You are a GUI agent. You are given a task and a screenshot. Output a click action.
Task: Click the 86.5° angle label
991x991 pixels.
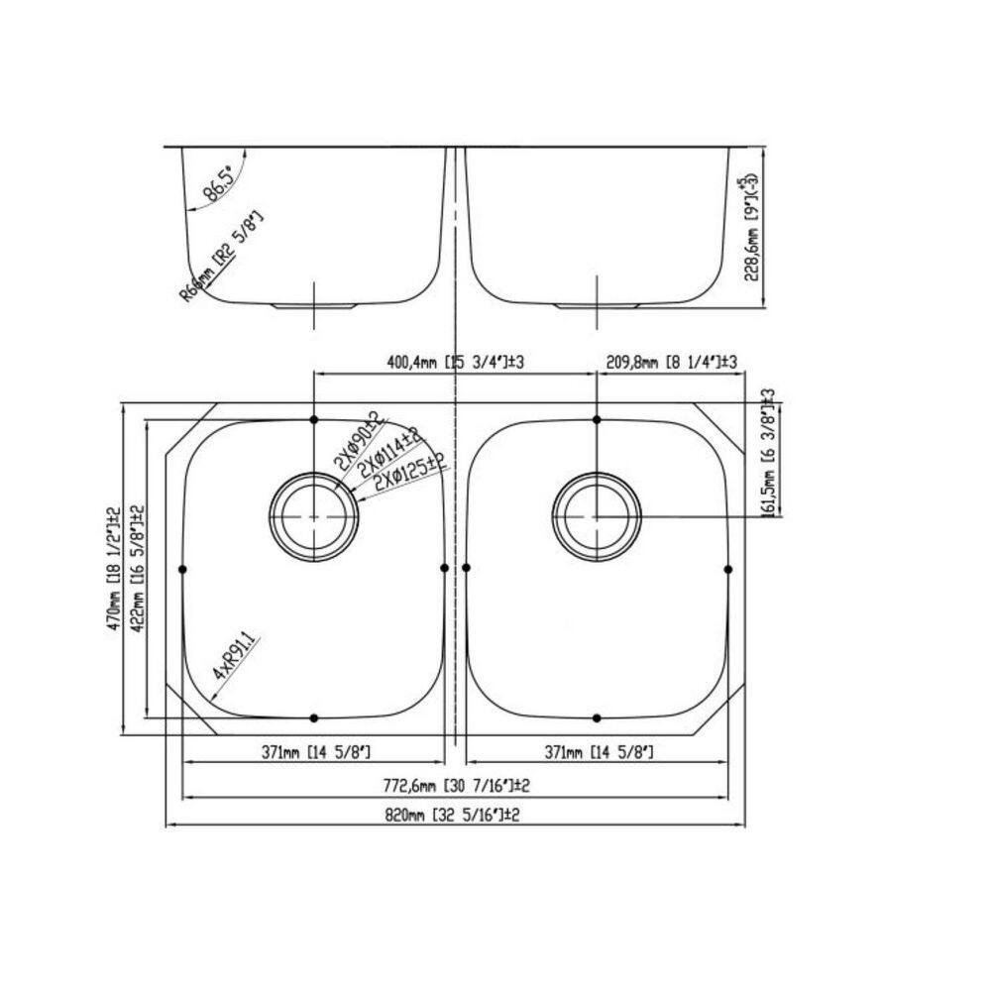click(220, 184)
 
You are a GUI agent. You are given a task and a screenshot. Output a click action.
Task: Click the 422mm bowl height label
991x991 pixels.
click(138, 569)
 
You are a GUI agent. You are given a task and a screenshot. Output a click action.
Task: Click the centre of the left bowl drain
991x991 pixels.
click(314, 517)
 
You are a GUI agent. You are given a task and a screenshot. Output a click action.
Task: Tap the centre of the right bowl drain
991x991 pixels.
click(597, 516)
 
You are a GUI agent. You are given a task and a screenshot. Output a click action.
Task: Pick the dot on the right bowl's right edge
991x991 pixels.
click(728, 568)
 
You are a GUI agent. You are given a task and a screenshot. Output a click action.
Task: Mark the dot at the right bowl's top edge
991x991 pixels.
click(597, 419)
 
